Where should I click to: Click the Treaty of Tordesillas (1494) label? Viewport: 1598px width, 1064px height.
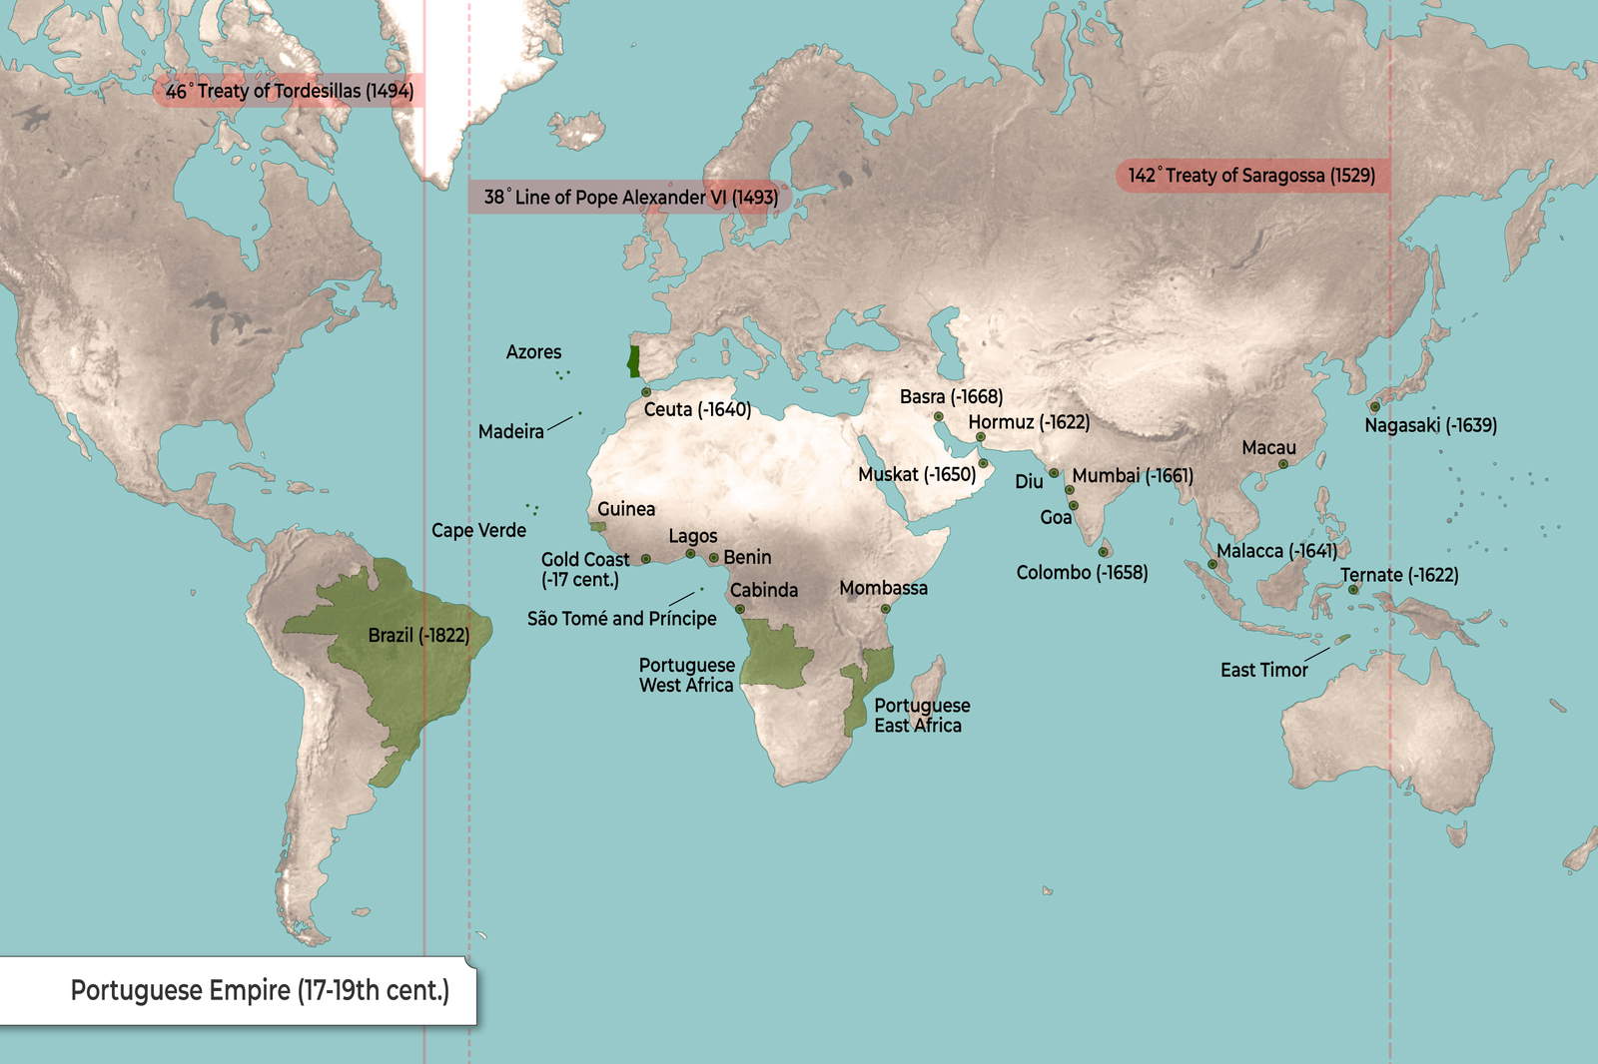coord(289,91)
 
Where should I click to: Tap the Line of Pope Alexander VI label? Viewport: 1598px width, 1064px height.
coord(630,197)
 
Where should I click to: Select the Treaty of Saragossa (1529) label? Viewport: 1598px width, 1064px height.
coord(1251,176)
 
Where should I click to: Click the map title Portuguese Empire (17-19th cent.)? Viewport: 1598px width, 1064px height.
coord(260,990)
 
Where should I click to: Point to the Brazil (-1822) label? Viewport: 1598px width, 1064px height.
coord(418,635)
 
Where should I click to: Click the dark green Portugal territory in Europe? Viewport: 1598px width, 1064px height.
coord(632,361)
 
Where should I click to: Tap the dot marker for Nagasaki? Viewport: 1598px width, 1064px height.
coord(1375,406)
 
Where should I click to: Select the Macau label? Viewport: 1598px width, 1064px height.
coord(1268,448)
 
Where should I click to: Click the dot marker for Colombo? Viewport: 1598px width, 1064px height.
coord(1104,552)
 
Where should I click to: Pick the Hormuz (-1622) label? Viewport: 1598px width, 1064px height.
coord(1029,422)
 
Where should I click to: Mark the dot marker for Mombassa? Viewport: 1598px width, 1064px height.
coord(885,608)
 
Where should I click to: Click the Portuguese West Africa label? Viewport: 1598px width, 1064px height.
coord(686,675)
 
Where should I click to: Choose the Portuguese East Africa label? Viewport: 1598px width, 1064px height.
coord(921,715)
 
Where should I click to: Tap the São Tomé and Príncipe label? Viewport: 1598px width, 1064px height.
coord(621,619)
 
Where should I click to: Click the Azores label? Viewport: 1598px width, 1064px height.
coord(533,352)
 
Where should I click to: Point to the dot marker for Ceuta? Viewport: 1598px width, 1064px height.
coord(646,392)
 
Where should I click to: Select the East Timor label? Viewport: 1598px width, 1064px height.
coord(1263,670)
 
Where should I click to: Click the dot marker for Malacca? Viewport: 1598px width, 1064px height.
coord(1212,564)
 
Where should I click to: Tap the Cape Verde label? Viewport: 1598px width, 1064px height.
coord(478,530)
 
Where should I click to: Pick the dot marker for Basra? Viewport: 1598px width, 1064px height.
coord(939,416)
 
